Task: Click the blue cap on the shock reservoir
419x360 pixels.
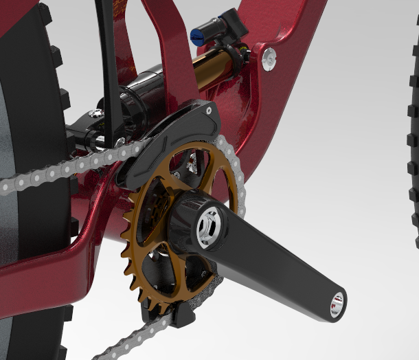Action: click(198, 36)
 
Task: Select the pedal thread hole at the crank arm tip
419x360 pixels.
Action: click(337, 304)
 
